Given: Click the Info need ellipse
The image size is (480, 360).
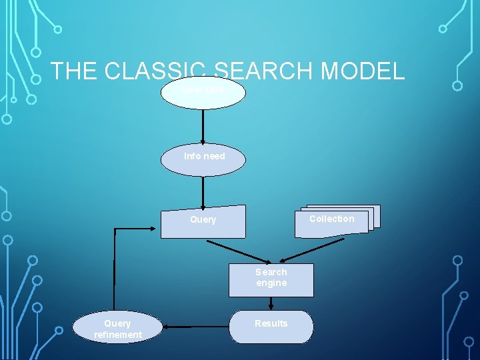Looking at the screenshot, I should coord(203,160).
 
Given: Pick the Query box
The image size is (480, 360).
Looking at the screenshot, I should coord(203,221).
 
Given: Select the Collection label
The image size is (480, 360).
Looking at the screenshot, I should coord(331,219).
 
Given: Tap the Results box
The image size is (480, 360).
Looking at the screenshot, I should coord(271,326).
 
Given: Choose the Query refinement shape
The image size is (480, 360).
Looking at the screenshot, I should coord(117,327).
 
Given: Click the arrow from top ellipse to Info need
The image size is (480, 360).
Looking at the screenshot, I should coord(203,127).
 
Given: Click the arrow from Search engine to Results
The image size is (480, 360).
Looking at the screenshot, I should coord(271,303).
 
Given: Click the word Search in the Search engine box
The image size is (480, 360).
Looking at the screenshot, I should coord(271,272).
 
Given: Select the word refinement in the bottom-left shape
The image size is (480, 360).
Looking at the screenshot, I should coord(117,335).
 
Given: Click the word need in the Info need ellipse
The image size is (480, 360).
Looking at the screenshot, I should coord(214,156).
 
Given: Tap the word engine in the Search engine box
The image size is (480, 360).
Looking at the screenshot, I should coord(271,283).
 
